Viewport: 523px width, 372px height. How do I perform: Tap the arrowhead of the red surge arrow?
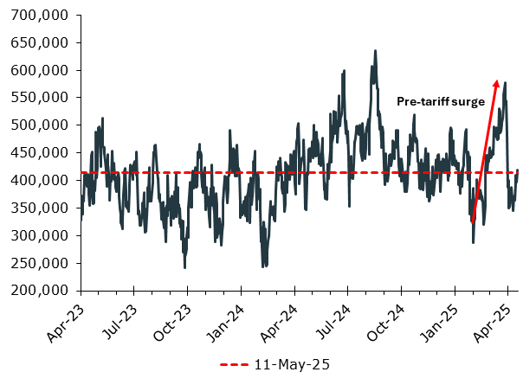[x=496, y=83]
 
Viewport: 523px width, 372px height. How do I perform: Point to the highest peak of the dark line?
[x=375, y=51]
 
